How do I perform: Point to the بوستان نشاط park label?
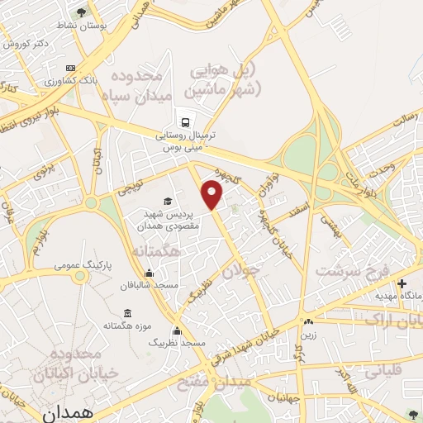tap(55, 26)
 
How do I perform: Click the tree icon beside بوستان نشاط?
tap(81, 12)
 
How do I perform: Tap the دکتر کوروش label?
tap(23, 42)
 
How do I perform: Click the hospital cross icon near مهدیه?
tap(402, 284)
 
